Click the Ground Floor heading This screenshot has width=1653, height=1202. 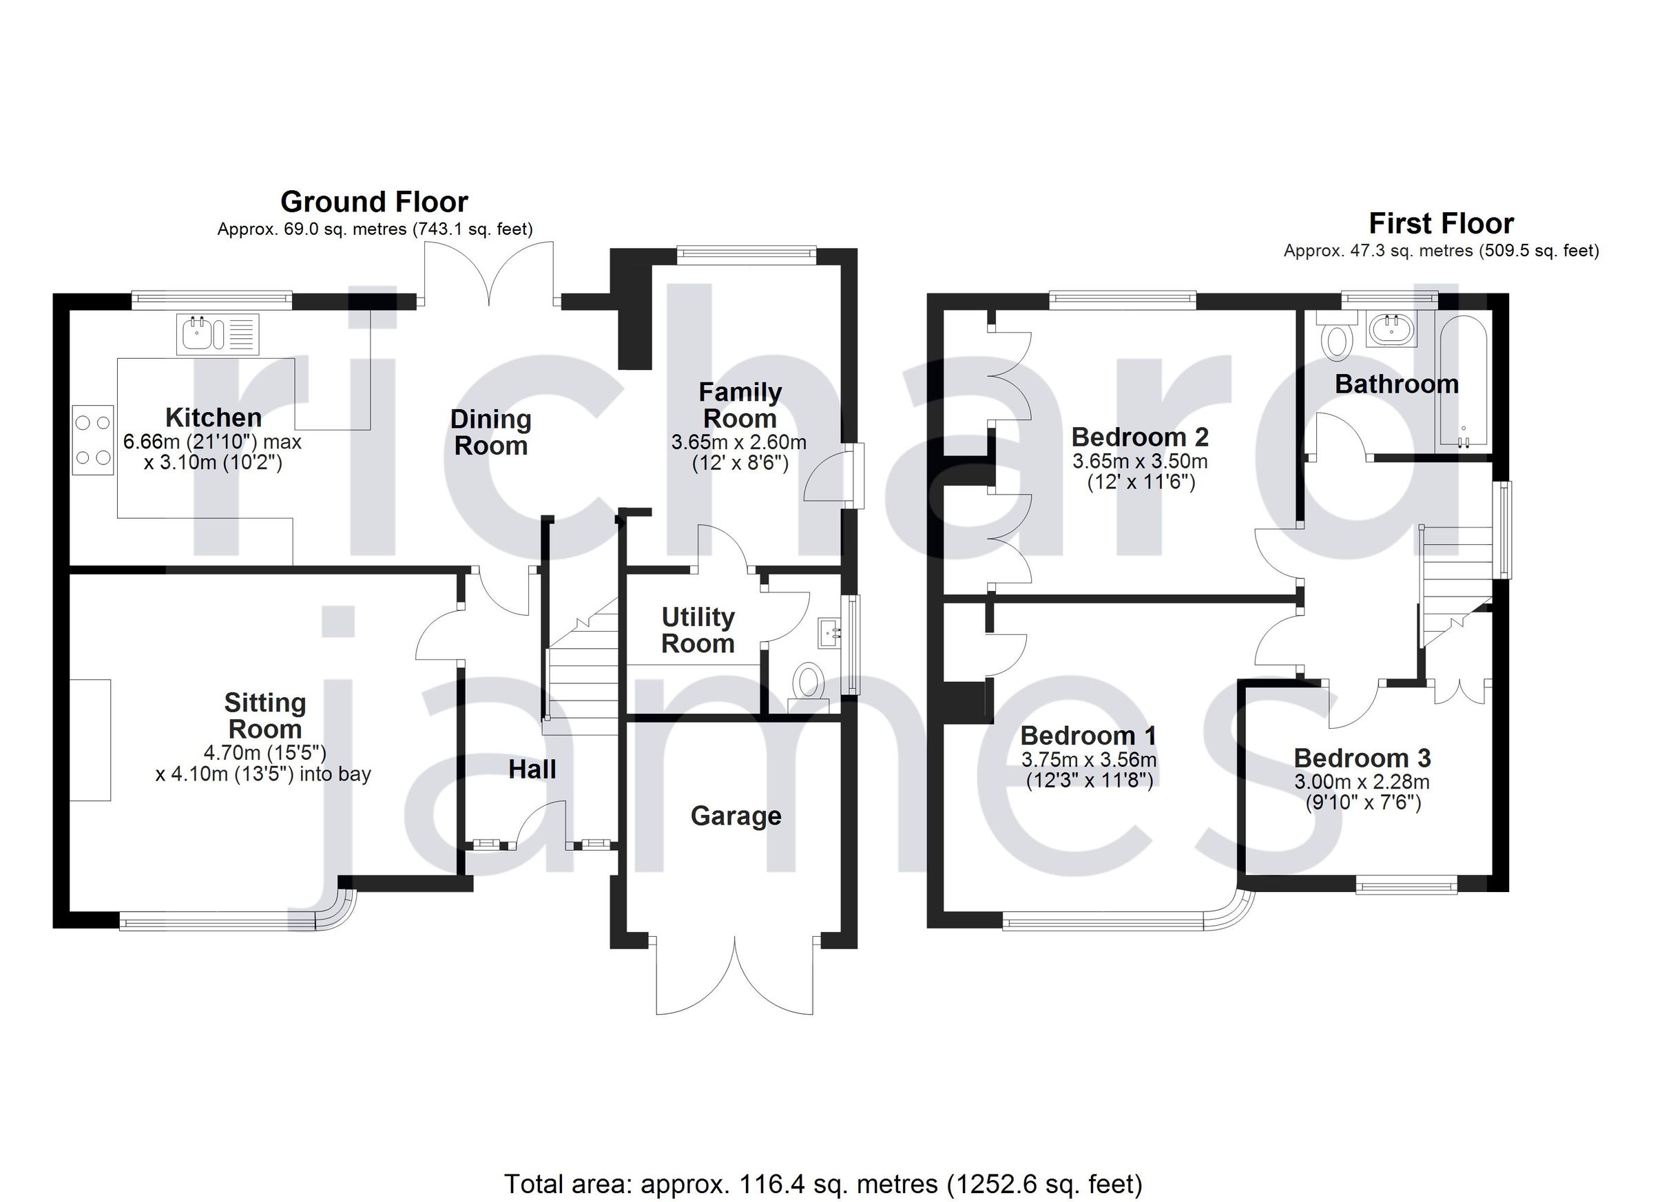pos(374,202)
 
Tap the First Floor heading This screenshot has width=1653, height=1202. pos(1441,223)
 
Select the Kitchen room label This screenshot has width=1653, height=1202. pos(214,417)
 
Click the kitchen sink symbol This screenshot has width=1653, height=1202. pos(217,335)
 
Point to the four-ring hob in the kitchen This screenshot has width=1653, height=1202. pos(93,439)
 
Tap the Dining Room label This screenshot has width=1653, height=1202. pos(490,433)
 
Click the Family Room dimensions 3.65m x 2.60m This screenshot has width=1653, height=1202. pos(738,442)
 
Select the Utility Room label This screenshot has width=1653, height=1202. pos(698,630)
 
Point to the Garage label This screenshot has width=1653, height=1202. pos(736,816)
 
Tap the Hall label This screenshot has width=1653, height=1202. pos(532,769)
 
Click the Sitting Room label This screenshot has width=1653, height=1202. pos(264,716)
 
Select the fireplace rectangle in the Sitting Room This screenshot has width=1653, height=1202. pos(90,740)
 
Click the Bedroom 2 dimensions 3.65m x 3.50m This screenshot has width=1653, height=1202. pos(1140,462)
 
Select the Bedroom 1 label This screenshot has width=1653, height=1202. pos(1088,736)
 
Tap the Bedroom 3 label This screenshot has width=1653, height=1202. pos(1362,758)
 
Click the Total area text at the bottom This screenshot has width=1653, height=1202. pos(823,1184)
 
